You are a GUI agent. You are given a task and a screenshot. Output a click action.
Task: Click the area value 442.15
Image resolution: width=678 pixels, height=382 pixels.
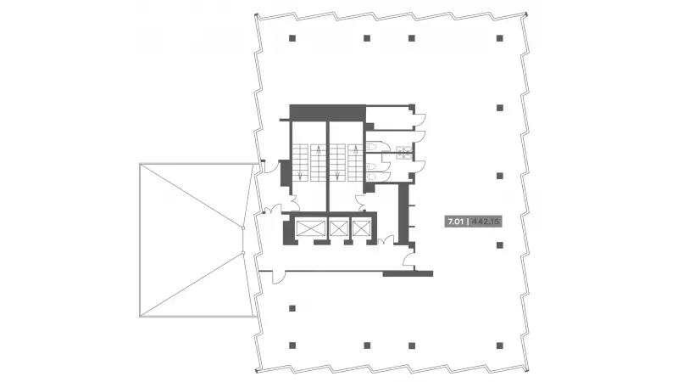(x=486, y=222)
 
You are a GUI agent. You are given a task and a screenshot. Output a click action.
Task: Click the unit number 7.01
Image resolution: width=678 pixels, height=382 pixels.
(x=456, y=222)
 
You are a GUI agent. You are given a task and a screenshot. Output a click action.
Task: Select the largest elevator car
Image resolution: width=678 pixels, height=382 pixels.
(x=310, y=228)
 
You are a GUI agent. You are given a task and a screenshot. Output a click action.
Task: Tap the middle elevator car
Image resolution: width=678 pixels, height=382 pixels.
(x=338, y=228)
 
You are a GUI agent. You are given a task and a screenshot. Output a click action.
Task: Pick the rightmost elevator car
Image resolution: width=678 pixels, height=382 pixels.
(x=362, y=228)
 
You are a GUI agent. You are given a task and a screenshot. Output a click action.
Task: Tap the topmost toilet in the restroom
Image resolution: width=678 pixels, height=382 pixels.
(x=371, y=147)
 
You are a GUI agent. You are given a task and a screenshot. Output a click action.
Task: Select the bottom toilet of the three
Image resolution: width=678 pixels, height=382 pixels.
(x=371, y=177)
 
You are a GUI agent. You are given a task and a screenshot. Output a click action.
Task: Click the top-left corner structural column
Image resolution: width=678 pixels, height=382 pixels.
(x=292, y=38)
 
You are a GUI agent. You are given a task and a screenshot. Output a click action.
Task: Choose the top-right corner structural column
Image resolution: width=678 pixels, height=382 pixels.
(x=500, y=38)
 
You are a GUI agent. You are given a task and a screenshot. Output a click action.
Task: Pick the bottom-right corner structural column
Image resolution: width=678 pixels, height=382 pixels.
(x=500, y=345)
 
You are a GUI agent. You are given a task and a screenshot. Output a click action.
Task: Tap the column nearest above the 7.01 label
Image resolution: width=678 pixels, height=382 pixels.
(x=500, y=176)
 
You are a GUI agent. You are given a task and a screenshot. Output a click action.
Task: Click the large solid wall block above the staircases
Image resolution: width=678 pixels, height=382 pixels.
(x=327, y=113)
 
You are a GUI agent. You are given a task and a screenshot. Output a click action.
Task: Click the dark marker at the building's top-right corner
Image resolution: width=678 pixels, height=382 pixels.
(x=526, y=14)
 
